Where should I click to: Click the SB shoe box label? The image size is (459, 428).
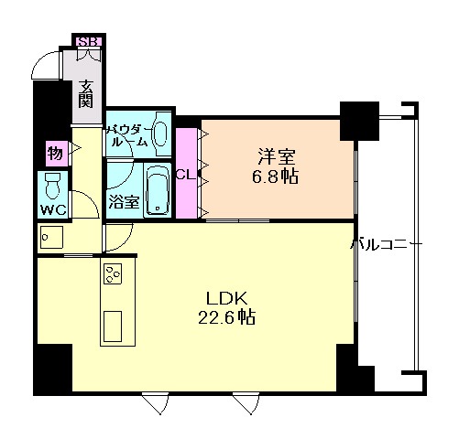click(x=89, y=41)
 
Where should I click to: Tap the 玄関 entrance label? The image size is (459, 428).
click(x=86, y=94)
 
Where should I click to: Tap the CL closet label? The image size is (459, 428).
click(x=184, y=174)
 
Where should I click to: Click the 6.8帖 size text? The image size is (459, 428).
click(x=275, y=176)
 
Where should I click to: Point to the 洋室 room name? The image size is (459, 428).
click(x=274, y=155)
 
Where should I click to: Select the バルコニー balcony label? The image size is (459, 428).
click(x=388, y=244)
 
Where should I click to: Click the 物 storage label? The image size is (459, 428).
click(x=54, y=151)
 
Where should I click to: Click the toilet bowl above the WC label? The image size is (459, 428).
click(x=53, y=186)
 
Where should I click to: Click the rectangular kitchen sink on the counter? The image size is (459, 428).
click(x=114, y=326)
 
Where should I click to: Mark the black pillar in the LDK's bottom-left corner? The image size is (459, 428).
click(x=52, y=369)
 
